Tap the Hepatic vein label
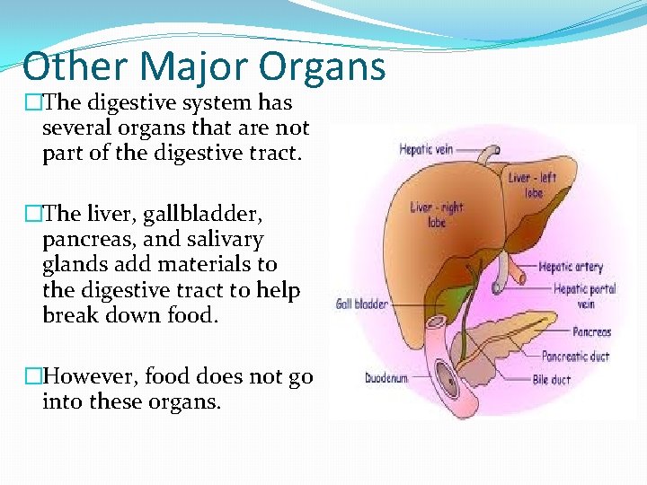tap(428, 151)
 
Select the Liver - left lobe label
tap(532, 184)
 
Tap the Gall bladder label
tap(362, 304)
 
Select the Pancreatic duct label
tap(575, 357)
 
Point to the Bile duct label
tap(553, 380)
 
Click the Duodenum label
tap(387, 378)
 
